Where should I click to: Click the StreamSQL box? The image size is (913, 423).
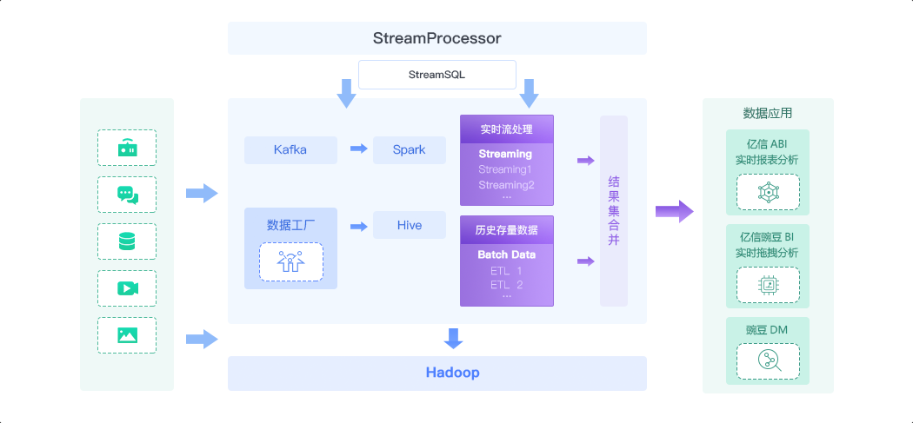pyautogui.click(x=437, y=75)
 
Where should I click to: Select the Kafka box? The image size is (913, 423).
pyautogui.click(x=290, y=149)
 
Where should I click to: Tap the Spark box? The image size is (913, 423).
pyautogui.click(x=409, y=149)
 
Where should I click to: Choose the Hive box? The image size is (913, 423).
pyautogui.click(x=409, y=225)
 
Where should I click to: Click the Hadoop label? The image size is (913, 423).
pyautogui.click(x=452, y=373)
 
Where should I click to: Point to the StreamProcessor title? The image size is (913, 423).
pyautogui.click(x=437, y=38)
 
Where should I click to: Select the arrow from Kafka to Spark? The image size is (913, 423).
pyautogui.click(x=358, y=149)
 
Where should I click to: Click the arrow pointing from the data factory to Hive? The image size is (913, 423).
pyautogui.click(x=358, y=226)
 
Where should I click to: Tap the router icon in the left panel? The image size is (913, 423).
pyautogui.click(x=127, y=149)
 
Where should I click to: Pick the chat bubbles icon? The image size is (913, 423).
pyautogui.click(x=127, y=195)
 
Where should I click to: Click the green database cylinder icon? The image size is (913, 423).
pyautogui.click(x=127, y=241)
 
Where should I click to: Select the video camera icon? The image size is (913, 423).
pyautogui.click(x=127, y=288)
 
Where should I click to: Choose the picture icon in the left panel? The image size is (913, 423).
pyautogui.click(x=127, y=335)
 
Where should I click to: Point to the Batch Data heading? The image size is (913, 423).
pyautogui.click(x=506, y=254)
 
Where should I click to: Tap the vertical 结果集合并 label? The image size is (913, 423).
pyautogui.click(x=613, y=211)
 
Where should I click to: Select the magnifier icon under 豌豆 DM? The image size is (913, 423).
pyautogui.click(x=768, y=360)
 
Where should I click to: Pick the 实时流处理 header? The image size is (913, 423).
pyautogui.click(x=506, y=130)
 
